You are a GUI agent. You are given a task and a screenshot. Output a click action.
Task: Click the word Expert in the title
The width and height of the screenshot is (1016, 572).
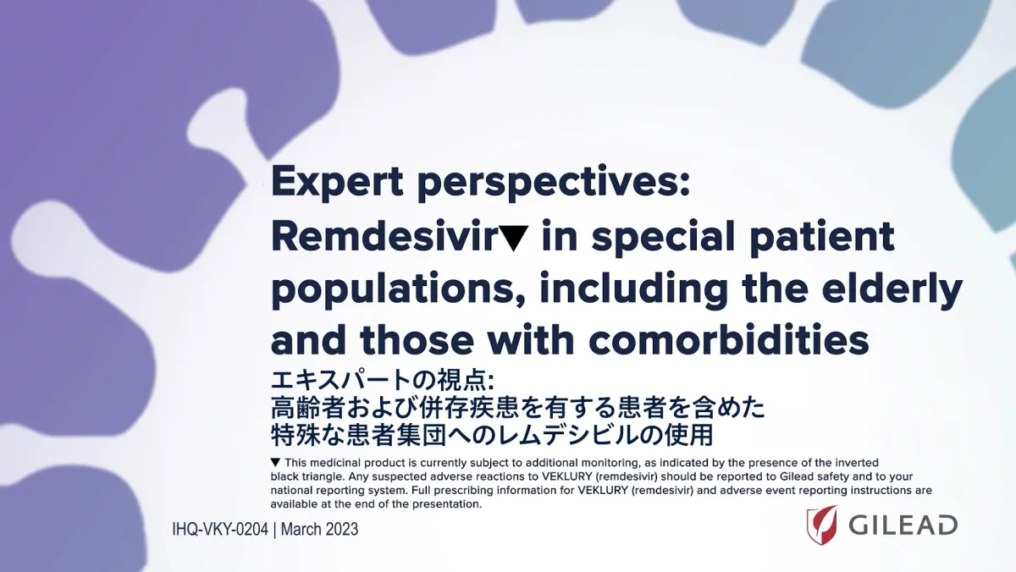pyautogui.click(x=337, y=182)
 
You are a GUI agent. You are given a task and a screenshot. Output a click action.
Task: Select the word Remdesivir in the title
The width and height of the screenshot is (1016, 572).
pyautogui.click(x=384, y=236)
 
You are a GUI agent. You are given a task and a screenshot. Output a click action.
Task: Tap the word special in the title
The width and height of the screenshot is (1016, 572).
pyautogui.click(x=663, y=238)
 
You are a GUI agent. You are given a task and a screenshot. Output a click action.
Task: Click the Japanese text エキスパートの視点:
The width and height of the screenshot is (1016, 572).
pyautogui.click(x=382, y=380)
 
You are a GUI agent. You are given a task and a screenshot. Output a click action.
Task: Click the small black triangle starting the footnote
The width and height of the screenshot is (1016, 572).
pyautogui.click(x=275, y=462)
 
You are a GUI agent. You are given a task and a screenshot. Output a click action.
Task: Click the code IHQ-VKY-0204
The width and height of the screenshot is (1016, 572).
pyautogui.click(x=220, y=530)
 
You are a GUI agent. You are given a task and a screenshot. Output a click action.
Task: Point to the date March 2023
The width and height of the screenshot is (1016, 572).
pyautogui.click(x=319, y=530)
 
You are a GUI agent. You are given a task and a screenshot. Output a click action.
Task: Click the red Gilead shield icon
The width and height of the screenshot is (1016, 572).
pyautogui.click(x=821, y=525)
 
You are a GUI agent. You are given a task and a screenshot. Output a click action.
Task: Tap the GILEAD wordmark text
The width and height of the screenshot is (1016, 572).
pyautogui.click(x=903, y=525)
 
